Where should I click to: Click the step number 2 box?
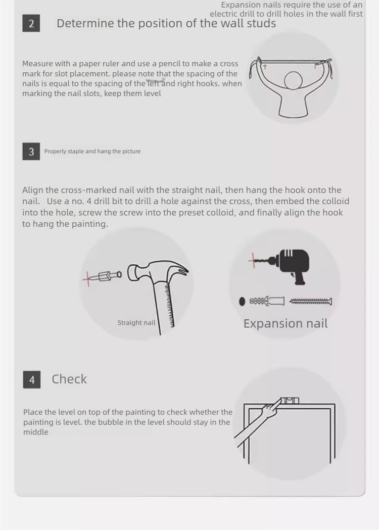(x=31, y=23)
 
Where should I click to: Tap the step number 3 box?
(x=31, y=152)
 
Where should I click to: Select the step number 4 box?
(x=32, y=379)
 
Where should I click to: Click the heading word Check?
(x=69, y=379)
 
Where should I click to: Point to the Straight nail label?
(x=136, y=323)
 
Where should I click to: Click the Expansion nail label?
(x=286, y=323)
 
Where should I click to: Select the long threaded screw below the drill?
(x=311, y=301)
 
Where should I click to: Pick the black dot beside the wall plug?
(x=242, y=302)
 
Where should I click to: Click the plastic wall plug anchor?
(x=267, y=301)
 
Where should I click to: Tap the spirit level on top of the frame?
(x=290, y=401)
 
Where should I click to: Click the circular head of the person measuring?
(x=293, y=81)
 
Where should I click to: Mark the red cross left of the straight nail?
(x=88, y=278)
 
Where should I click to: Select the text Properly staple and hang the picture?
(x=92, y=151)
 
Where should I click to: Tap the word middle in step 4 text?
(x=36, y=432)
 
